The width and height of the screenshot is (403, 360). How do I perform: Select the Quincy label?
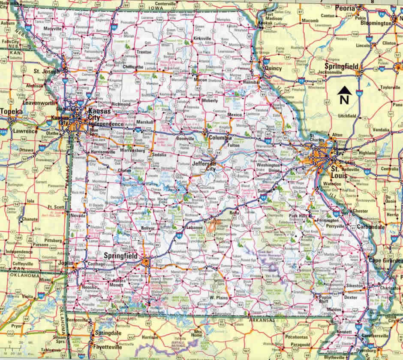(273, 68)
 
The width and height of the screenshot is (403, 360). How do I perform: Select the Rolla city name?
(234, 213)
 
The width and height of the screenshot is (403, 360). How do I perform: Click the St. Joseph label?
(47, 71)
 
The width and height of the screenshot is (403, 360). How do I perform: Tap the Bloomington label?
(376, 23)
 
